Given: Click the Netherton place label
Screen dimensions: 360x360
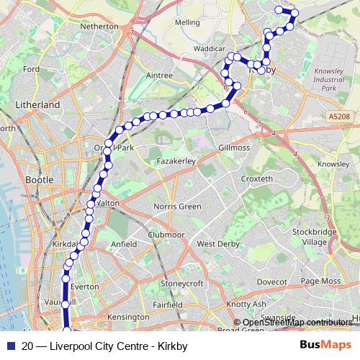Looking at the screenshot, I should [x=99, y=26].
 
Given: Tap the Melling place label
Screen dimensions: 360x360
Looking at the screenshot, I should [x=187, y=22].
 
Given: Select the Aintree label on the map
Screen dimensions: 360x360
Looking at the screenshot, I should [x=159, y=75].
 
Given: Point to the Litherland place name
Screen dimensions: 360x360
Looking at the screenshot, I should [x=37, y=104].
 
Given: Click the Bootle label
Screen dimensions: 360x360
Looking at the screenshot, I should [x=39, y=179].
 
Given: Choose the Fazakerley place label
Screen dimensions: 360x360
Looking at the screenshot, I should [x=177, y=162].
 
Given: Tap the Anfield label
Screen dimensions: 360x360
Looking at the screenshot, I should [x=124, y=244].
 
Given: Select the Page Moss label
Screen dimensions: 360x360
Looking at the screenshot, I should [x=320, y=281].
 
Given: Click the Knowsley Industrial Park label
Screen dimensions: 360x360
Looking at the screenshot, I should [x=330, y=79].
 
